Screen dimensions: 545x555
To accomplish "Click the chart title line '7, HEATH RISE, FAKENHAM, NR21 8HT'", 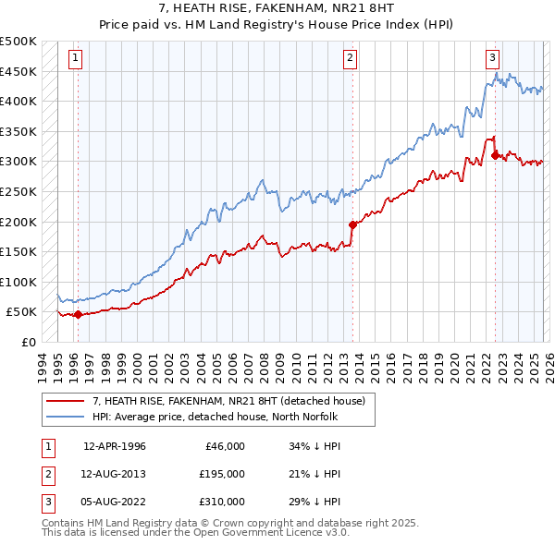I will (x=277, y=10).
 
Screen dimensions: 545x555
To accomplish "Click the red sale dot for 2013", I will (x=352, y=224).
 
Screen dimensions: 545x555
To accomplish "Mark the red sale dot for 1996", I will (x=78, y=314).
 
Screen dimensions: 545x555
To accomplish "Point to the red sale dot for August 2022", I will (x=495, y=155).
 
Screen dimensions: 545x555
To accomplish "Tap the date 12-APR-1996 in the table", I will (x=115, y=446).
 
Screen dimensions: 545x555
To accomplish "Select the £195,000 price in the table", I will (x=222, y=474).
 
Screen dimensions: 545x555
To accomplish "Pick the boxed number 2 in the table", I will (x=47, y=474).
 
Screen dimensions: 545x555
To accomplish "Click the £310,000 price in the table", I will (x=222, y=502).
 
